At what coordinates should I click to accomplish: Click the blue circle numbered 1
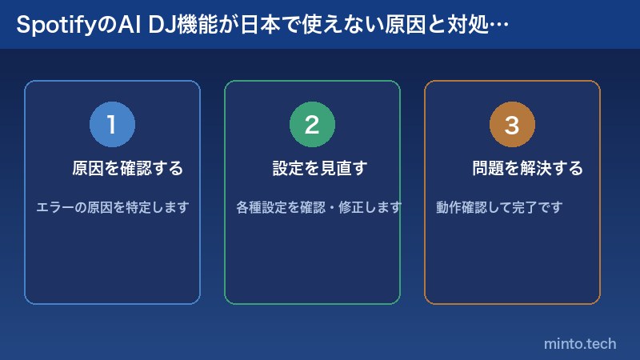pos(112,125)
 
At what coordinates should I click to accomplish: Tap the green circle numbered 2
pos(312,125)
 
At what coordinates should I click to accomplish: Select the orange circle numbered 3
pos(512,125)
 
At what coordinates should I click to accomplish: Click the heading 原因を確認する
pos(127,169)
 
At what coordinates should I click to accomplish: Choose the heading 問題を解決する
pos(527,169)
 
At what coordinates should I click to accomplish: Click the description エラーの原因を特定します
pos(113,207)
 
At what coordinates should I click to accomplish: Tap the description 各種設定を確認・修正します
pos(318,207)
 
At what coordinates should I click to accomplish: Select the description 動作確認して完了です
pos(499,207)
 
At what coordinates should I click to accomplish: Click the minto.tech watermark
pos(580,343)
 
